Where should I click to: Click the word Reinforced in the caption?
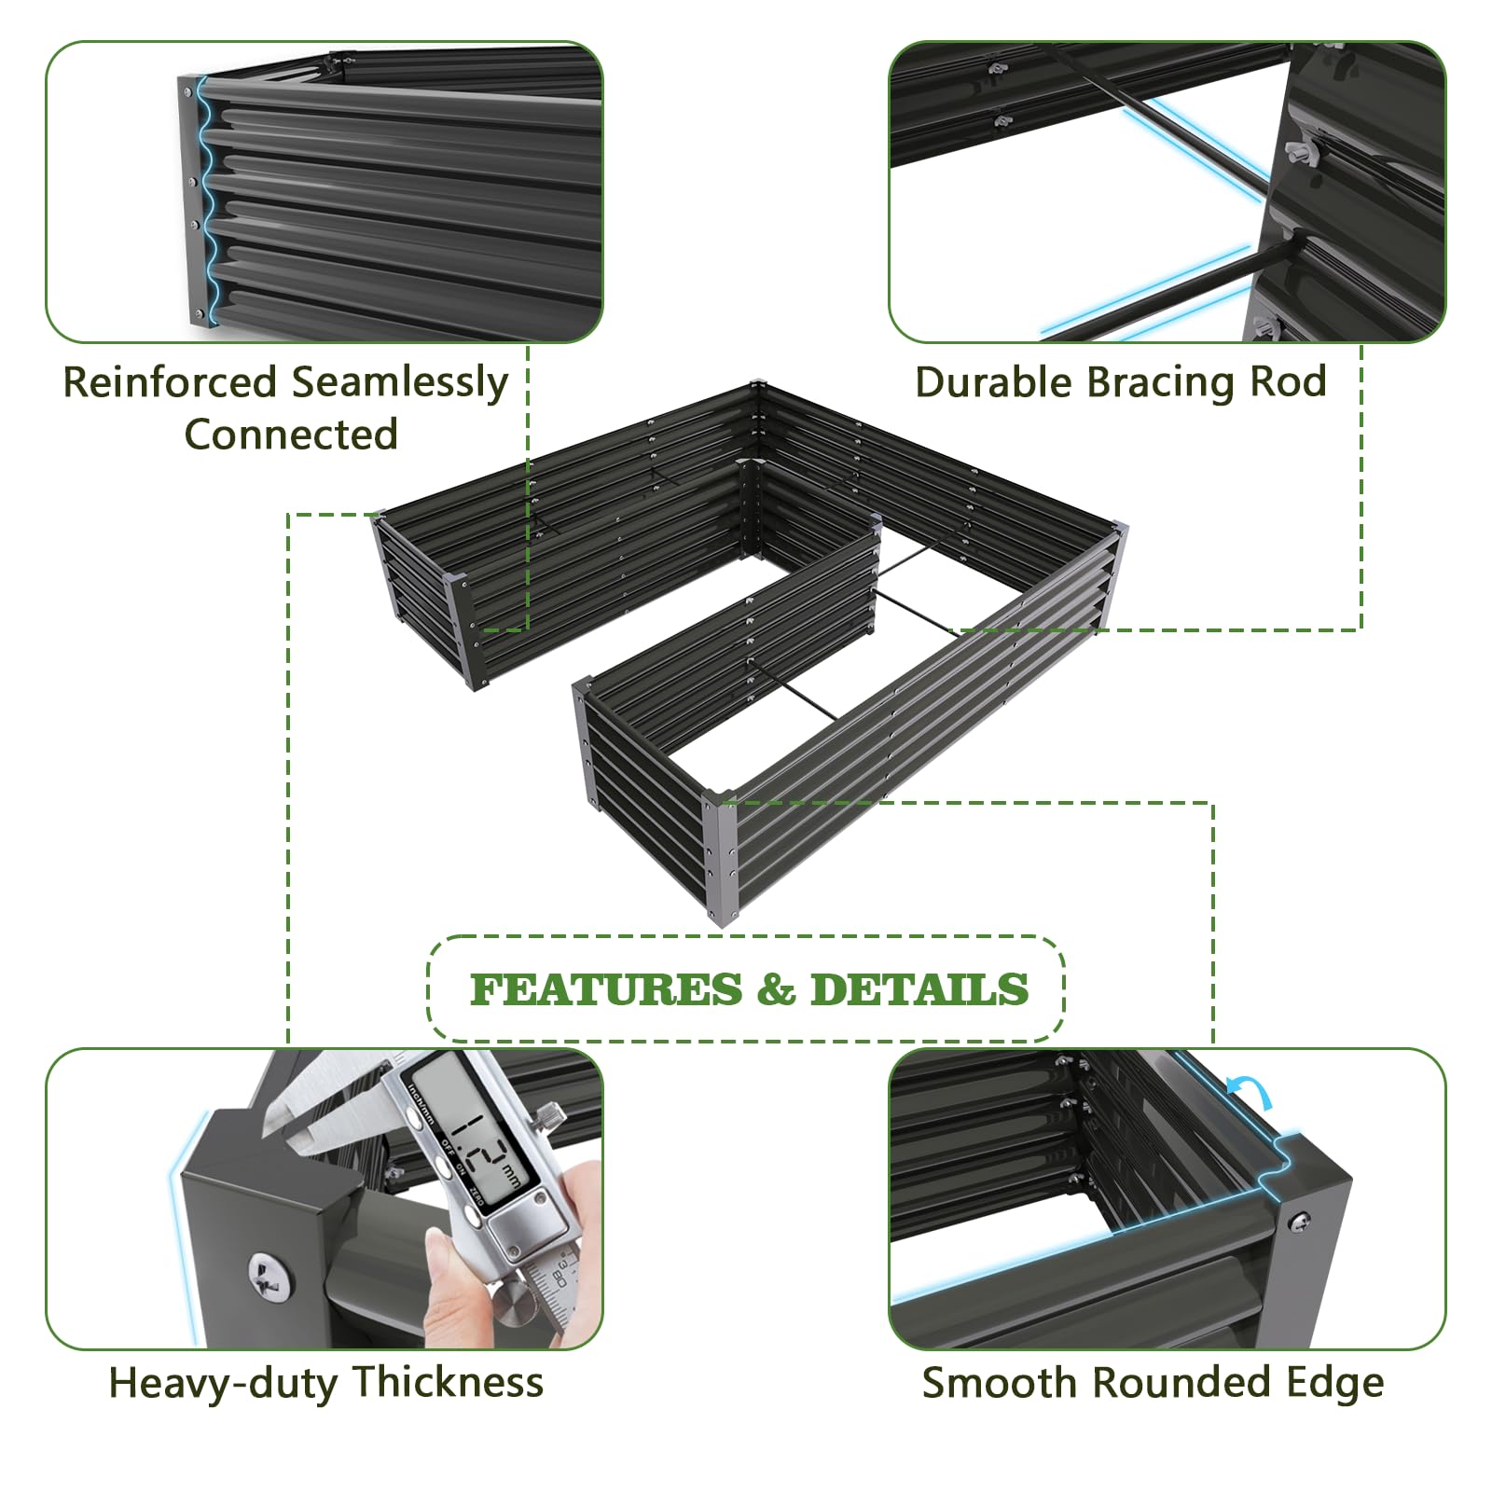(170, 382)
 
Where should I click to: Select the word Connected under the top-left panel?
(291, 435)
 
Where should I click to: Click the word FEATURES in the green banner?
(606, 990)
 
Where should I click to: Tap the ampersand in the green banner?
(776, 990)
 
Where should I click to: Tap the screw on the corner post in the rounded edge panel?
(1299, 1220)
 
